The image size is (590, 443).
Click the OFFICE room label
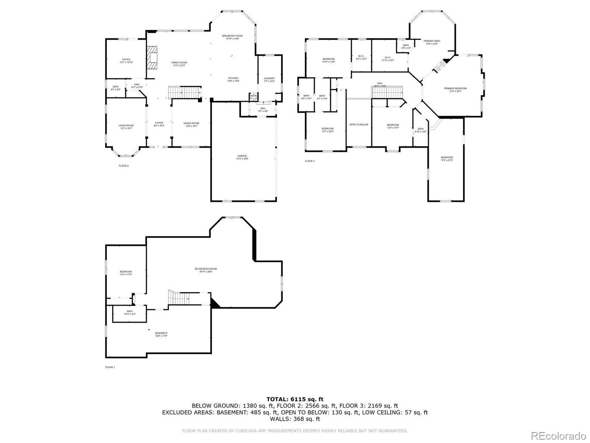pos(126,60)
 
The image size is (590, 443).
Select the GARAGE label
pos(242,156)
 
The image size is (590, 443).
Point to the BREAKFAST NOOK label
pos(232,36)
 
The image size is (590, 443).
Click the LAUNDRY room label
pos(269,79)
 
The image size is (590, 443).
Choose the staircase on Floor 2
pos(184,92)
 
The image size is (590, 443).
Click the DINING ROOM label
pos(191,123)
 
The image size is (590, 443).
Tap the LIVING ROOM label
pos(126,126)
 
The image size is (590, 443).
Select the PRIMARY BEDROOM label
pos(455,89)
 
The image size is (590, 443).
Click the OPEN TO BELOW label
pos(359,125)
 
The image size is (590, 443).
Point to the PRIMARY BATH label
pos(432,41)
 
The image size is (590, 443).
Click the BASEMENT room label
pos(161,333)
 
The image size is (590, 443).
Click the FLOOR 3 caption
pos(310,161)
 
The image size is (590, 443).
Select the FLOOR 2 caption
pos(124,166)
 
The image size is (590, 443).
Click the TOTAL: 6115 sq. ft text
pos(295,399)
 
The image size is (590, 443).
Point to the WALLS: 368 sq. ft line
pos(295,419)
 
